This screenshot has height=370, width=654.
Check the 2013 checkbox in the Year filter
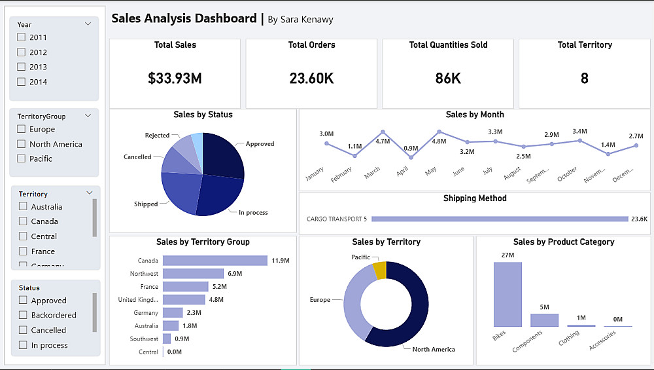22,67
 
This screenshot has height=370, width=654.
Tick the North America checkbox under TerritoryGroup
22,144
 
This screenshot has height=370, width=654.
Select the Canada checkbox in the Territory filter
24,221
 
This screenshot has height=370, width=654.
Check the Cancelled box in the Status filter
24,330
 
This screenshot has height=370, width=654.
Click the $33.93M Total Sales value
175,79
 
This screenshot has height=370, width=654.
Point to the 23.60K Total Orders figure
311,79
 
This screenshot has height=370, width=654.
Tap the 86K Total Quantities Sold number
448,79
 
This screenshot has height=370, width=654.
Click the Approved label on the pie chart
260,144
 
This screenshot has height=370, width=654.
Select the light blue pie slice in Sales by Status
197,142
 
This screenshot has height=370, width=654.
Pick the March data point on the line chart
383,132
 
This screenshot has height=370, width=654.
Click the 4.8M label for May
439,141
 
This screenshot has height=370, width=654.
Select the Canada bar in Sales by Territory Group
215,261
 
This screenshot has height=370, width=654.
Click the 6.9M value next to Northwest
235,274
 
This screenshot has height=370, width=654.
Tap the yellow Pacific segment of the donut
379,270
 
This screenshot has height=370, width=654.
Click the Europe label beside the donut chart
320,300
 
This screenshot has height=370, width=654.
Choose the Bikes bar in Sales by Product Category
508,294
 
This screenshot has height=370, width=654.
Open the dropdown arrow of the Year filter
88,24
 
